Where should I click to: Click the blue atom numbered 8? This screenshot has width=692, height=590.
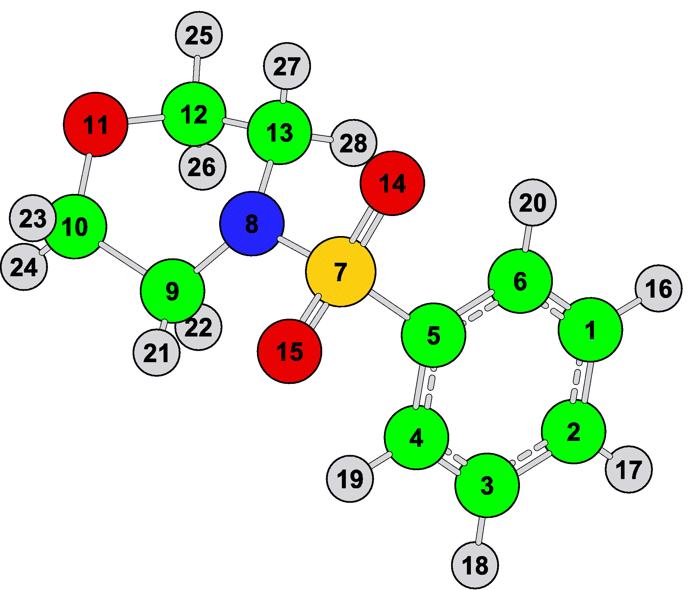(x=252, y=224)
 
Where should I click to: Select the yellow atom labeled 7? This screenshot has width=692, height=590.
(x=341, y=272)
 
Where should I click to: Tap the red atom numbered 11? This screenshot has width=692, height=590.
(x=95, y=124)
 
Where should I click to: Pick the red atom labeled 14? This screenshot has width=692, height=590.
(x=393, y=183)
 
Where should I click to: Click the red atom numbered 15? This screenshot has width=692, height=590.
(x=290, y=351)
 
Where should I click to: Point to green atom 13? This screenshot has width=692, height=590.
(x=280, y=132)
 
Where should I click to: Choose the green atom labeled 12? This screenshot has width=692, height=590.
(x=194, y=114)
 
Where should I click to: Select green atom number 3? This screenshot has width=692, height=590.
(x=487, y=485)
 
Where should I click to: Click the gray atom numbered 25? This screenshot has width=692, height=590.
(x=199, y=35)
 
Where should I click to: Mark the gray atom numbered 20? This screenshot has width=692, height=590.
(x=533, y=202)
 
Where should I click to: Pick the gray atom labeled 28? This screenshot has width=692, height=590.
(x=354, y=143)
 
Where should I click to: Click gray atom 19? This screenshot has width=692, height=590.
(x=350, y=479)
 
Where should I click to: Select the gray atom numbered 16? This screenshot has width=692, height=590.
(x=659, y=288)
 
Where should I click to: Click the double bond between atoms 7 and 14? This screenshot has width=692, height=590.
(x=367, y=227)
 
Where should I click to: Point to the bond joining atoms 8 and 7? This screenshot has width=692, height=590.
(x=295, y=247)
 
